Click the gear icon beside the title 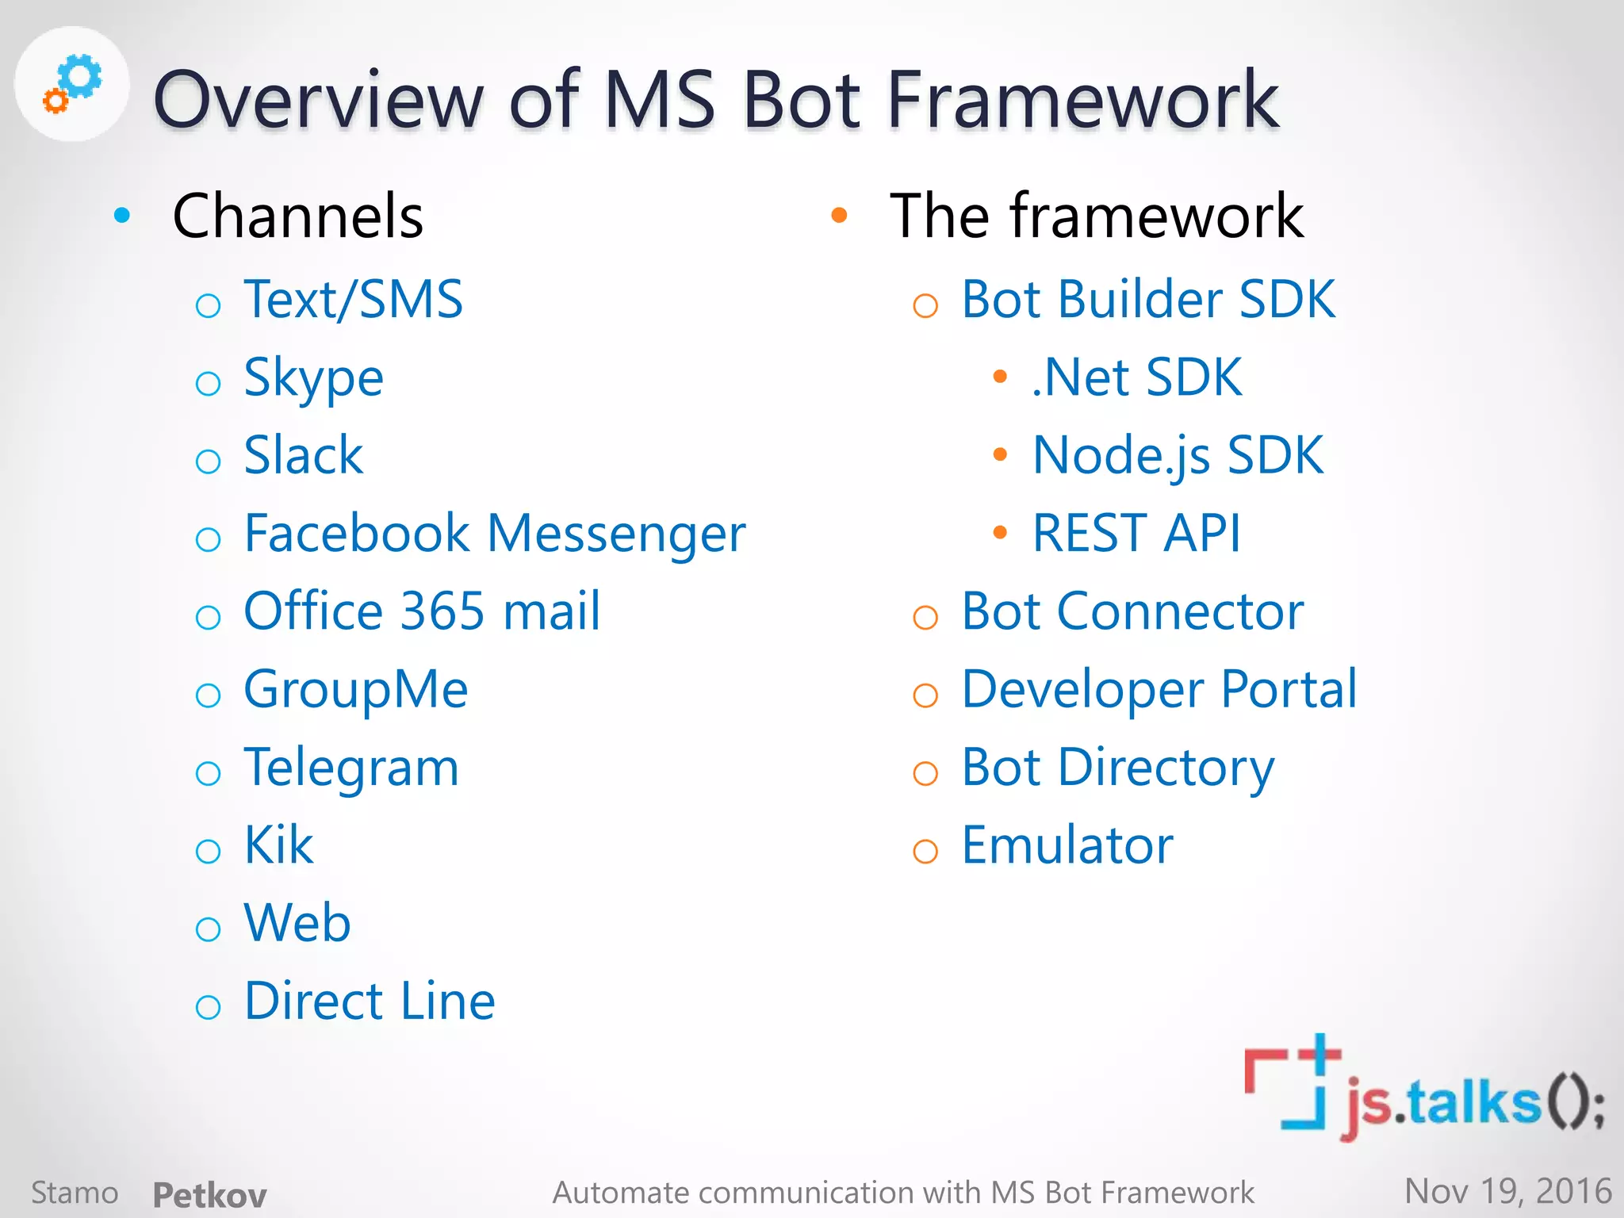(x=72, y=83)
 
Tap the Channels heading (x=297, y=216)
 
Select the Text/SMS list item (x=353, y=300)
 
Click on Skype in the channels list (x=313, y=378)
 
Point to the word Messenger (x=616, y=534)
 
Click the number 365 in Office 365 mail (x=442, y=611)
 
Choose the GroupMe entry (x=355, y=689)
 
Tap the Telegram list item (x=351, y=768)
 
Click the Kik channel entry (x=278, y=845)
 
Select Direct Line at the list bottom (x=369, y=1001)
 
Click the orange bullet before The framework (x=839, y=215)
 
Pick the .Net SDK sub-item (x=1136, y=377)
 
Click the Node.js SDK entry (x=1178, y=456)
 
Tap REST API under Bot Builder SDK (x=1136, y=533)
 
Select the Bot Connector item (x=1132, y=611)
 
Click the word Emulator (x=1067, y=845)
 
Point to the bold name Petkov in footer (x=209, y=1194)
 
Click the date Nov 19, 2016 (x=1507, y=1191)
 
